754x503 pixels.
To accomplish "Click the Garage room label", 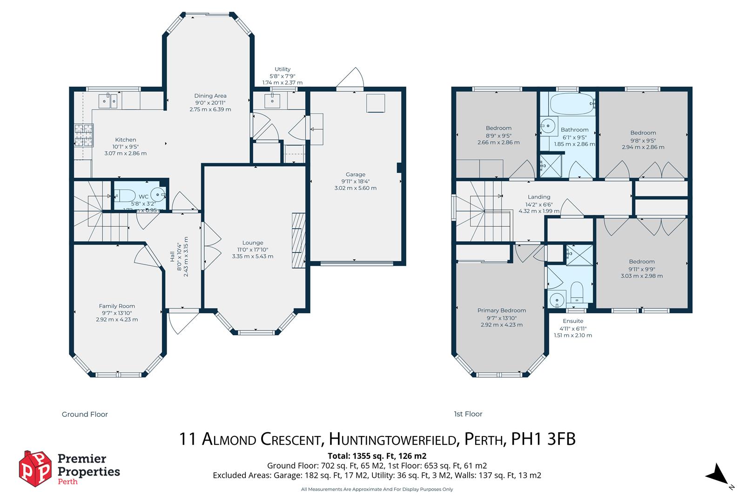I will tap(355, 175).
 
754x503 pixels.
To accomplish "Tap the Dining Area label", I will tap(210, 96).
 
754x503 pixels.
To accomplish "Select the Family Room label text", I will tap(117, 306).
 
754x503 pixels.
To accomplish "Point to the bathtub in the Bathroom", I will tap(572, 103).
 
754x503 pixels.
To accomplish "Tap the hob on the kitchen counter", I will tap(83, 135).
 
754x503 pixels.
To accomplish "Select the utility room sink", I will tap(270, 100).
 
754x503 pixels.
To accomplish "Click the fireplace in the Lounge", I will tap(298, 239).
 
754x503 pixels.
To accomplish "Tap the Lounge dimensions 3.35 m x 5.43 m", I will tap(253, 256).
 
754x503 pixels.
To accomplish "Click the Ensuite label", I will tap(573, 321).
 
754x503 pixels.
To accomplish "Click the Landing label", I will tap(539, 197).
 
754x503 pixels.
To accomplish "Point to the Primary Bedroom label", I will tap(502, 310).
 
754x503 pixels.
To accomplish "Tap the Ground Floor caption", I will tap(85, 414).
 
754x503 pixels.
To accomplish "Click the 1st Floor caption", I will tap(468, 414).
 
